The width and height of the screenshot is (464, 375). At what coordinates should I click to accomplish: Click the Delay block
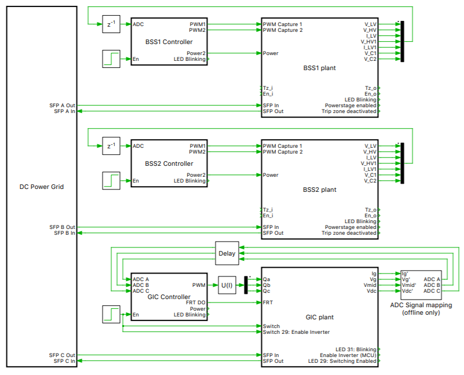click(226, 253)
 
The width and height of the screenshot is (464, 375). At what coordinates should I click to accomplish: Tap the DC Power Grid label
click(41, 187)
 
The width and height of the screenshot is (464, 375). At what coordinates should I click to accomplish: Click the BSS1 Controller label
click(169, 42)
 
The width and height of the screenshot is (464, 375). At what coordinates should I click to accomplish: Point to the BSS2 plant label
click(319, 190)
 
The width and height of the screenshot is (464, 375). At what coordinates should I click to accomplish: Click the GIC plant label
click(319, 317)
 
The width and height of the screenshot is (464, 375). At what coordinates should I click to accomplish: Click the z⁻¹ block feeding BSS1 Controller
click(111, 24)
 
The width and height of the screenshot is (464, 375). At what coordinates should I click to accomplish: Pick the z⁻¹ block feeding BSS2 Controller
click(111, 146)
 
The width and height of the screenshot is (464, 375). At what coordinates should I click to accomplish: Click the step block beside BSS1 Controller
click(111, 59)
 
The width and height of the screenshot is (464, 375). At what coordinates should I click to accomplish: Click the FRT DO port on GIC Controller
click(195, 303)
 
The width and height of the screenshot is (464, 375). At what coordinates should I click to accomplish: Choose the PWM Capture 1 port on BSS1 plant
click(283, 24)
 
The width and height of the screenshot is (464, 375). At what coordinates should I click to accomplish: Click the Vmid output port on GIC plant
click(370, 285)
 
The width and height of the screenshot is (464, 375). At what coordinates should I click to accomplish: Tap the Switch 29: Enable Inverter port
click(296, 332)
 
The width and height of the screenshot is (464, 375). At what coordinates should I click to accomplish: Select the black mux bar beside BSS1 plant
click(403, 41)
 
